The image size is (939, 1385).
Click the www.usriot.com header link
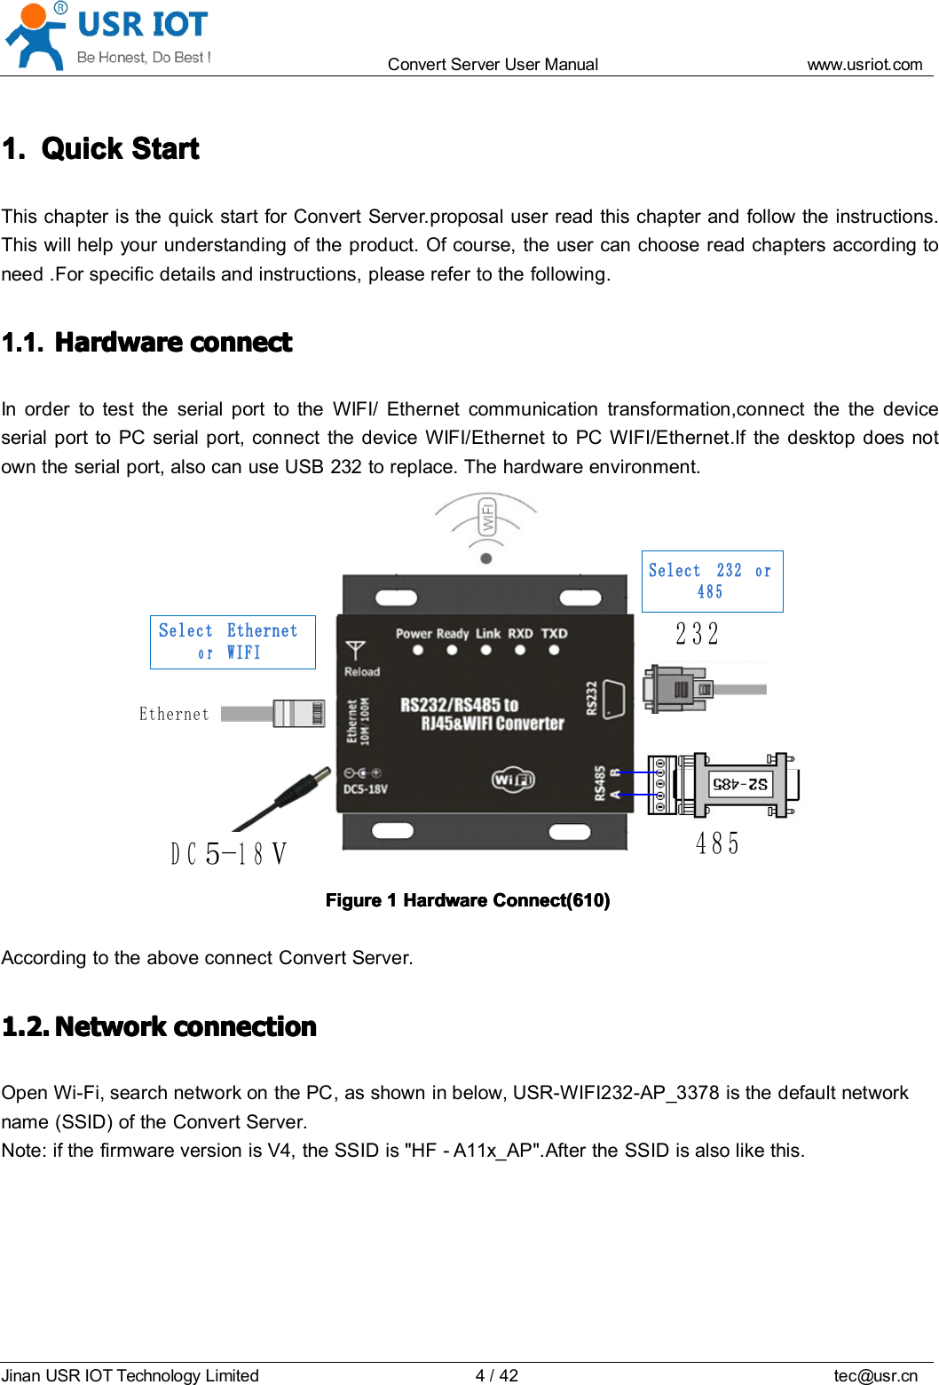pos(864,64)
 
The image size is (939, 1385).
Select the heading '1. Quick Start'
pos(101,148)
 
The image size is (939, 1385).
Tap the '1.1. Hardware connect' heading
pos(147,343)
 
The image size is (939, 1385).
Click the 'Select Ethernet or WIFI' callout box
pos(233,641)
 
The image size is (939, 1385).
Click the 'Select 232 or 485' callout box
pos(712,581)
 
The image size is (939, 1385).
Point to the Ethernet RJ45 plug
pos(299,713)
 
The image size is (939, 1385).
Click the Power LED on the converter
pos(418,650)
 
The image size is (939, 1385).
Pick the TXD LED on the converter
pos(554,650)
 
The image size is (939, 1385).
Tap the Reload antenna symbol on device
pos(356,650)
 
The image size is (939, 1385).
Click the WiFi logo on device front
pos(513,780)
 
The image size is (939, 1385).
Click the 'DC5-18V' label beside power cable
pos(229,854)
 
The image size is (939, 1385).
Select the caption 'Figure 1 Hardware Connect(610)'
pos(468,900)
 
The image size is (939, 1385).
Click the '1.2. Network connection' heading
pos(160,1027)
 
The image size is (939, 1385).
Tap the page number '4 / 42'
pos(496,1375)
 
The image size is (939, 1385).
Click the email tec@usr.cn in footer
pos(874,1375)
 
